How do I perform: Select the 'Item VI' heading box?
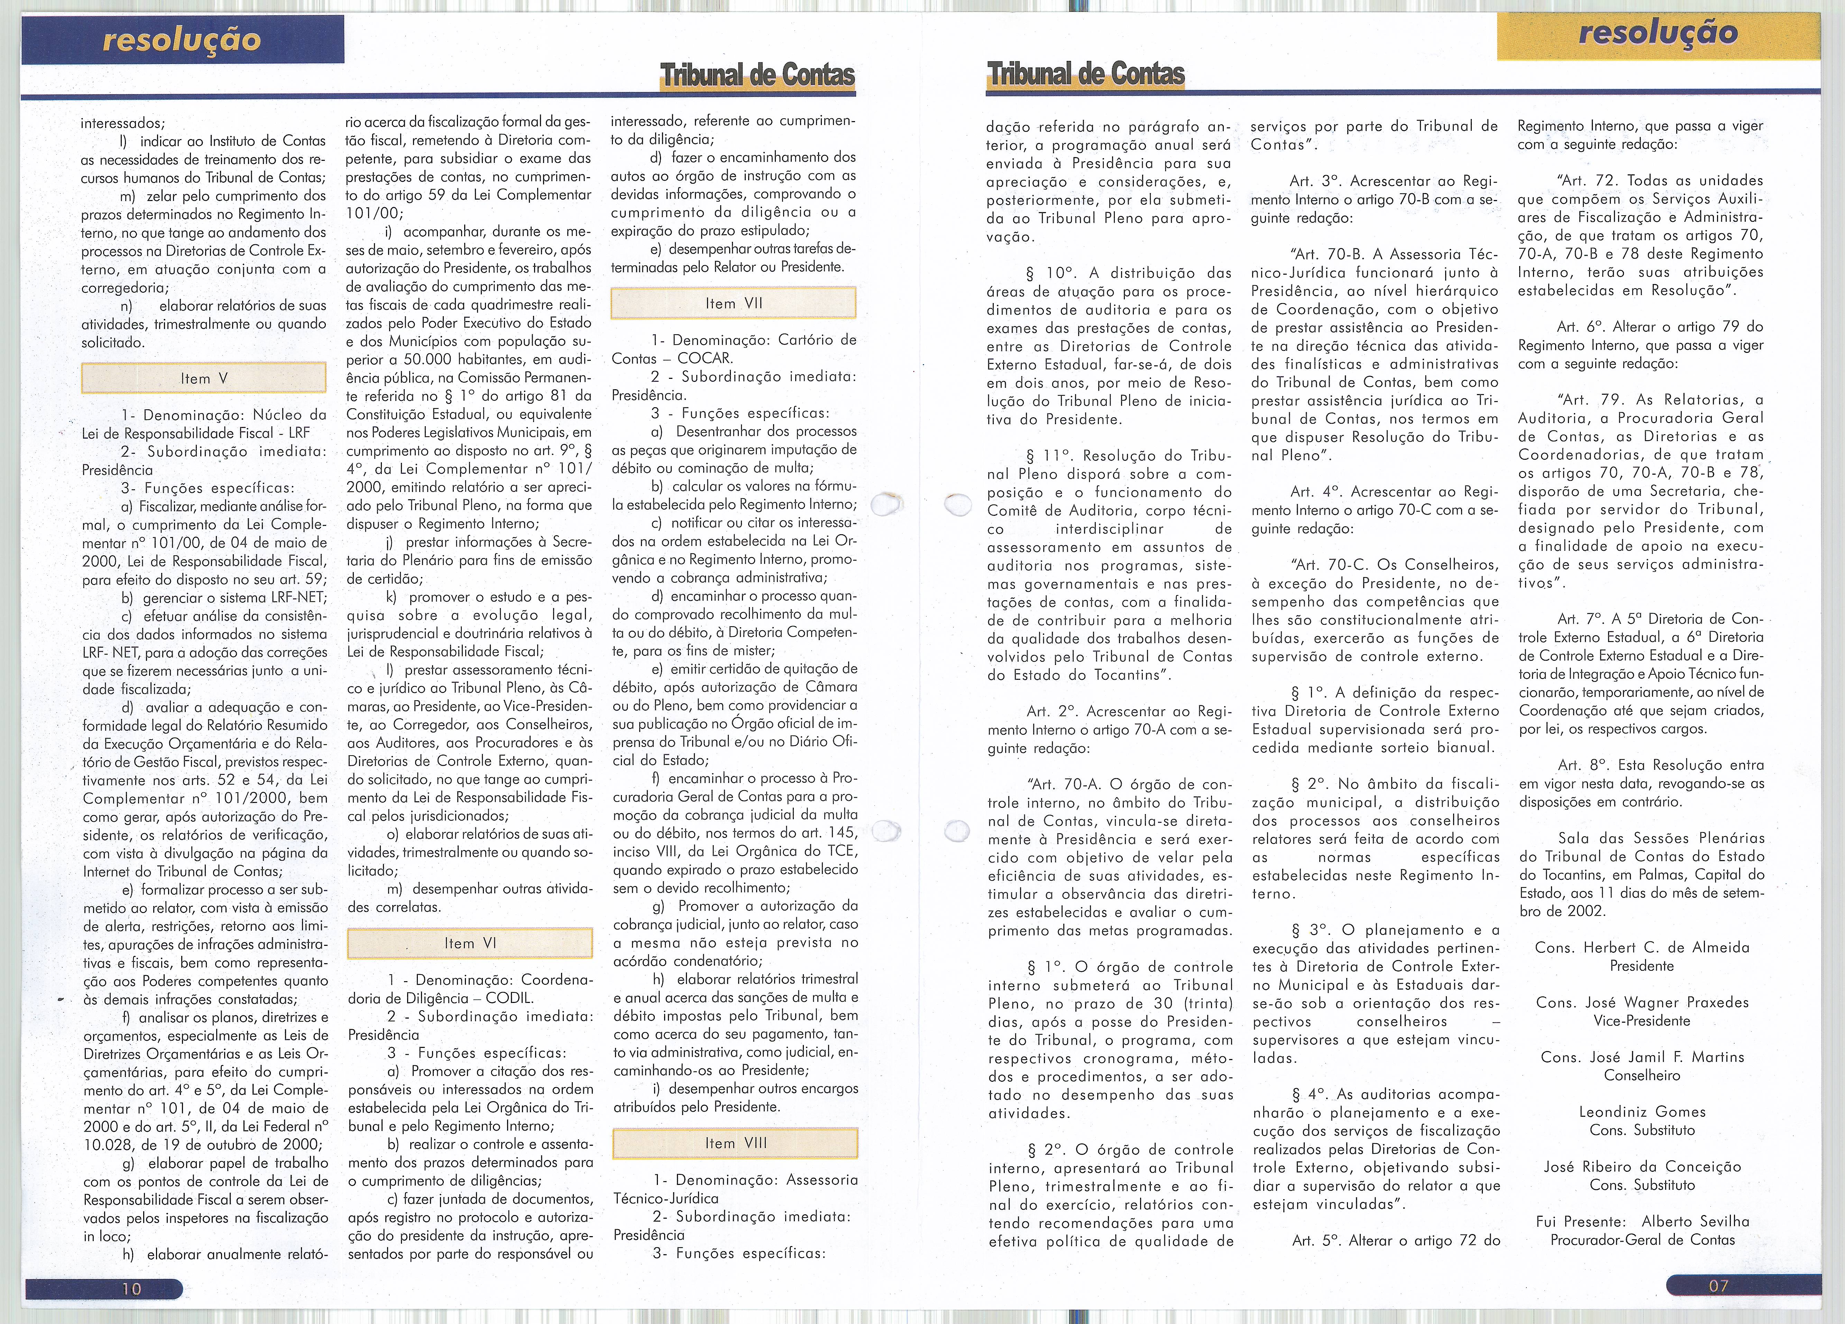click(x=469, y=943)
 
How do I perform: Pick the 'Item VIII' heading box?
click(x=735, y=1143)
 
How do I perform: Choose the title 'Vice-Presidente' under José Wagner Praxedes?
click(x=1642, y=1021)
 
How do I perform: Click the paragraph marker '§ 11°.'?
click(x=1050, y=456)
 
